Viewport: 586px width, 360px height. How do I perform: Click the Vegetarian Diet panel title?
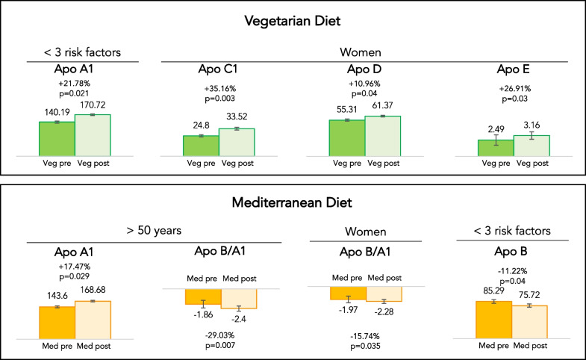(293, 22)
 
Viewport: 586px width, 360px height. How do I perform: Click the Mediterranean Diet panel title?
(293, 202)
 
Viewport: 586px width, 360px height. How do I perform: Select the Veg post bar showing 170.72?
(93, 134)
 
